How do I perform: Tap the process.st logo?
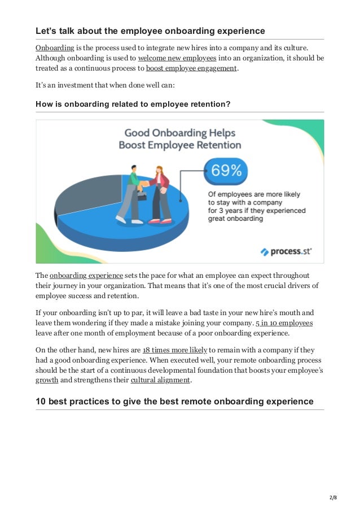(x=286, y=251)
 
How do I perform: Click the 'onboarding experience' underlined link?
(x=86, y=275)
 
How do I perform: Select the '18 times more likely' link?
(x=175, y=350)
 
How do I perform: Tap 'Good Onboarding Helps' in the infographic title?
(x=179, y=133)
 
